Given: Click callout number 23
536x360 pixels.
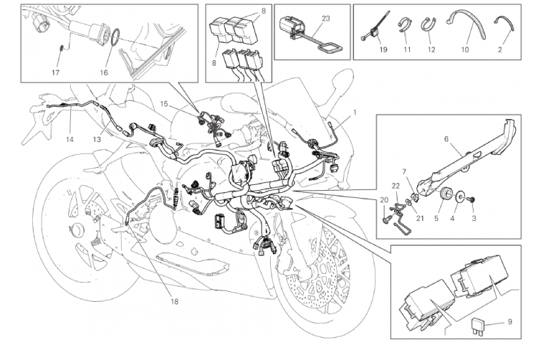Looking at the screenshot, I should [x=326, y=18].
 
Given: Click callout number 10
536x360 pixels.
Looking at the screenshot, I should [x=465, y=51].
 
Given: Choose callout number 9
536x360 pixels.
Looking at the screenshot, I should [x=509, y=323].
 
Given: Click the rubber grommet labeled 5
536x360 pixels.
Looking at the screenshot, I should [x=444, y=193].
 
